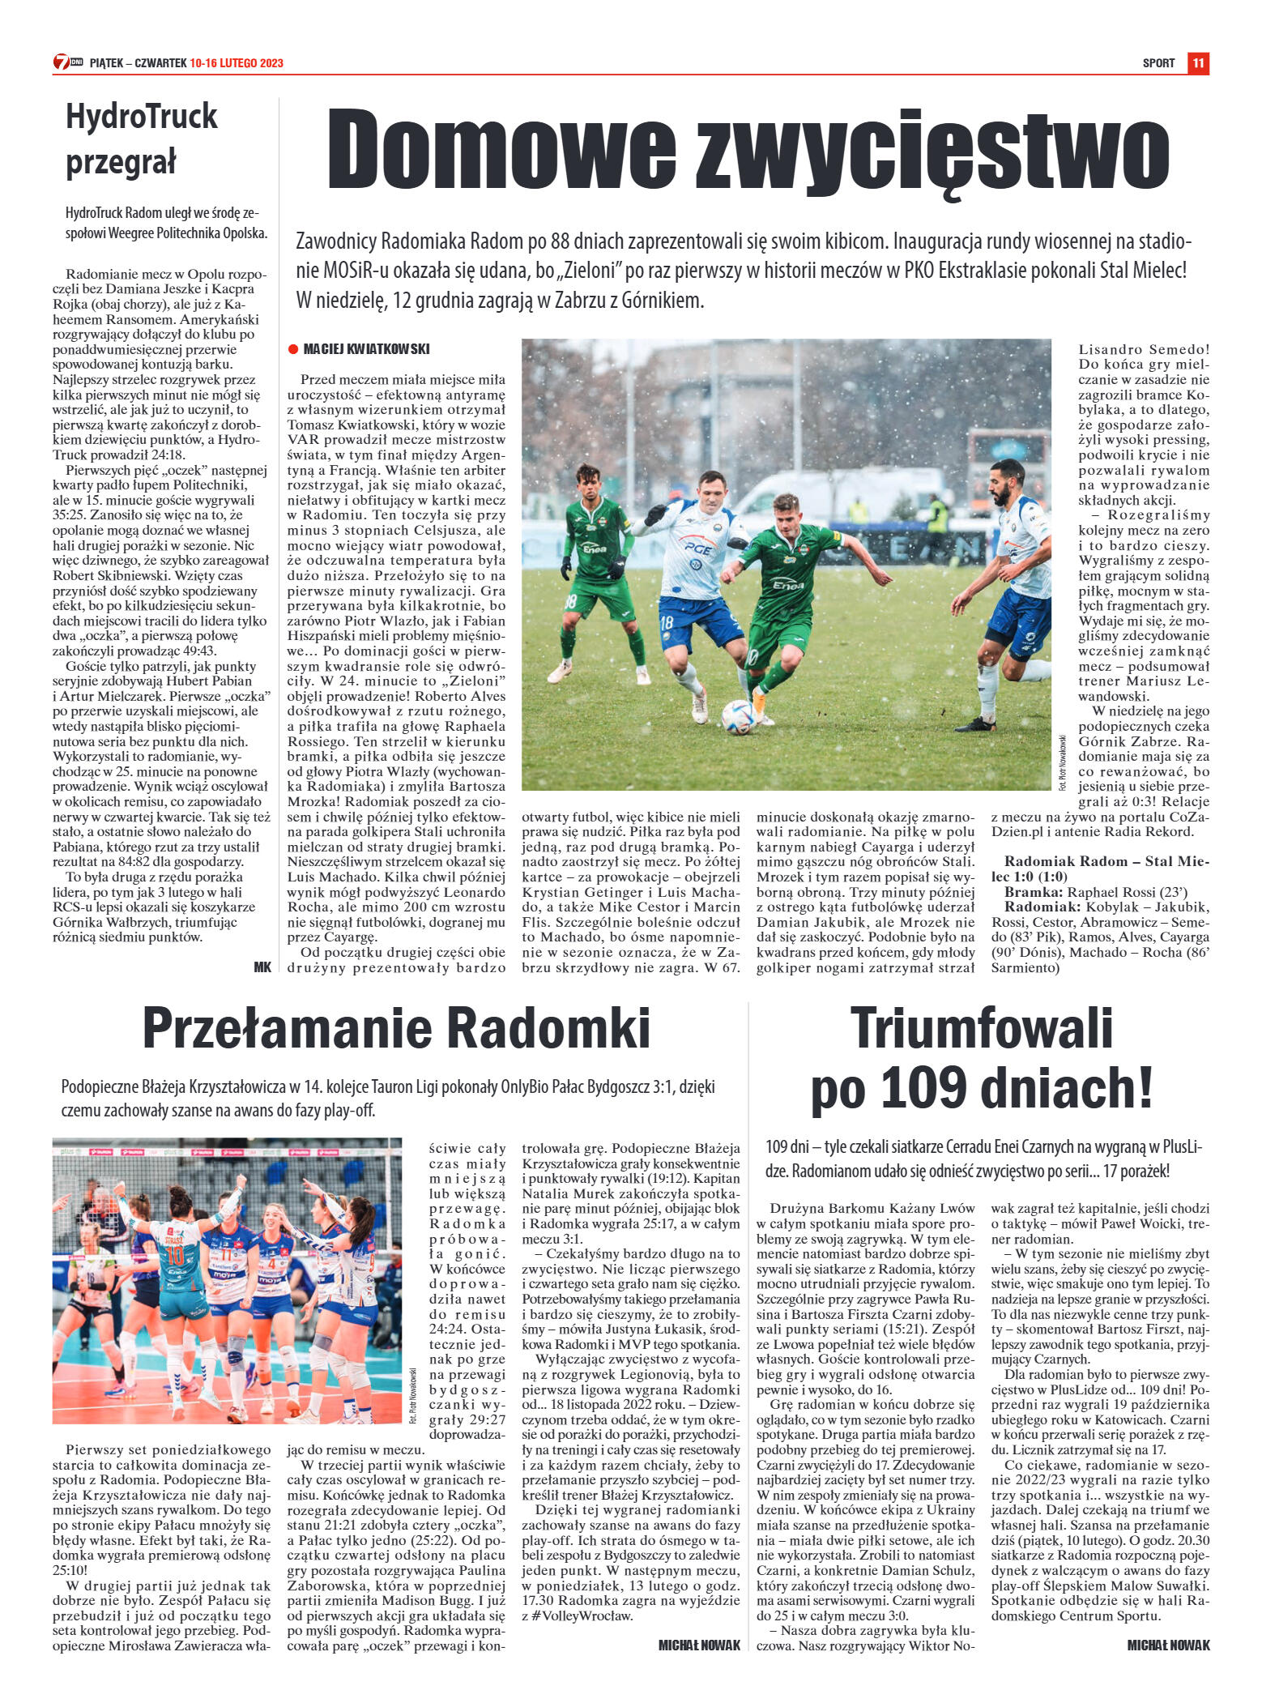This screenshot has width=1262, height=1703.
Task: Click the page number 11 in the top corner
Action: point(1199,63)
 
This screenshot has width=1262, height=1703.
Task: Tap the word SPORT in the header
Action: point(1158,63)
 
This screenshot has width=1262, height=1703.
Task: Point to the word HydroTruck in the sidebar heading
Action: point(142,117)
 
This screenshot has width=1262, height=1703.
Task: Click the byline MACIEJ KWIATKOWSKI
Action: point(366,349)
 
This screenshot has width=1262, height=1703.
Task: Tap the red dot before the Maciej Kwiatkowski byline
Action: point(292,350)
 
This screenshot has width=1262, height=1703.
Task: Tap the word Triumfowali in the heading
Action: point(982,1027)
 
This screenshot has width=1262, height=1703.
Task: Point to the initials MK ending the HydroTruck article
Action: point(262,966)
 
